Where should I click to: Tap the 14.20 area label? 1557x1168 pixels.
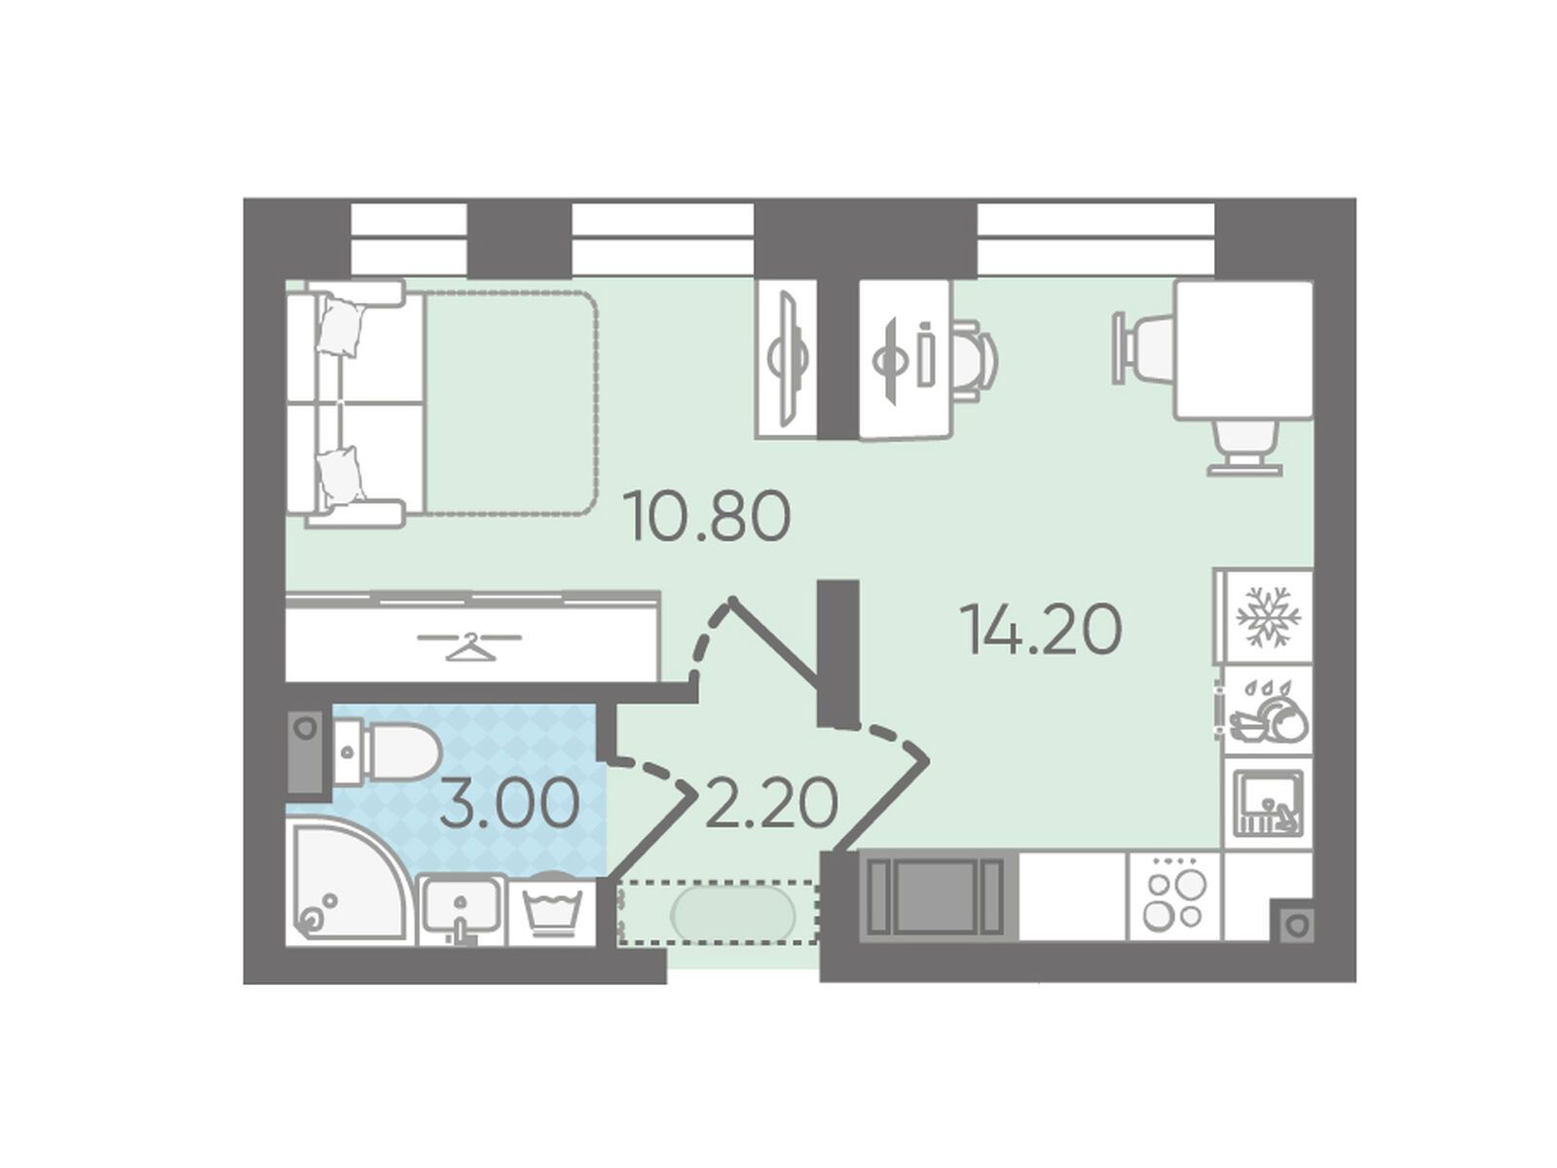point(1040,629)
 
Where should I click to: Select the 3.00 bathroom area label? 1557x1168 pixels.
point(509,804)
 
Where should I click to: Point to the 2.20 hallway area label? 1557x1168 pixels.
point(771,804)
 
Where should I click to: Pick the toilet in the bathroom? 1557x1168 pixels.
point(387,752)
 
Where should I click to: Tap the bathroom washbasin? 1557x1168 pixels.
point(462,909)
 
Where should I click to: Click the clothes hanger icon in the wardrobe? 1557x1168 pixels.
point(469,642)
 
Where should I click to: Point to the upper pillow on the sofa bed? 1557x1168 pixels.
point(345,326)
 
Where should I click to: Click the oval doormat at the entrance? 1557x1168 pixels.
point(733,912)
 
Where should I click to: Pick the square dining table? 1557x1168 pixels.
point(1242,350)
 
